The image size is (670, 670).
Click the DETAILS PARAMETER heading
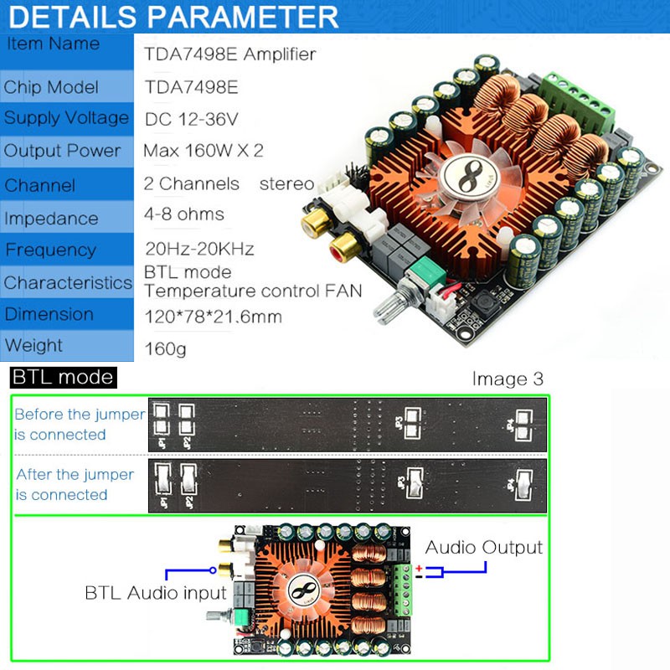[x=174, y=17]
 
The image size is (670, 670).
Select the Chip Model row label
[x=51, y=87]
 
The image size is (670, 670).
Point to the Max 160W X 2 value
[x=204, y=151]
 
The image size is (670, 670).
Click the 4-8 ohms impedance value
[x=184, y=214]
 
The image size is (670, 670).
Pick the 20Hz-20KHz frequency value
[x=199, y=250]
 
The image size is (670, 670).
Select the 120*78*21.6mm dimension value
[x=213, y=317]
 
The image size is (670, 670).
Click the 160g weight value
[x=165, y=348]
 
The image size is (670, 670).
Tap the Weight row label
[x=33, y=345]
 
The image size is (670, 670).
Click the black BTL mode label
[x=62, y=377]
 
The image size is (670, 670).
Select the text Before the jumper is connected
[x=79, y=424]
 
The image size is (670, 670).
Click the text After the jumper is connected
[x=75, y=484]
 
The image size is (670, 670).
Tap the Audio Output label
[x=484, y=548]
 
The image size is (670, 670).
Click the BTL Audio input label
[x=156, y=593]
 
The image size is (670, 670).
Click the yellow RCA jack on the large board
[x=316, y=222]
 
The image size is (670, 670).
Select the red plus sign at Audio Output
[x=419, y=568]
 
